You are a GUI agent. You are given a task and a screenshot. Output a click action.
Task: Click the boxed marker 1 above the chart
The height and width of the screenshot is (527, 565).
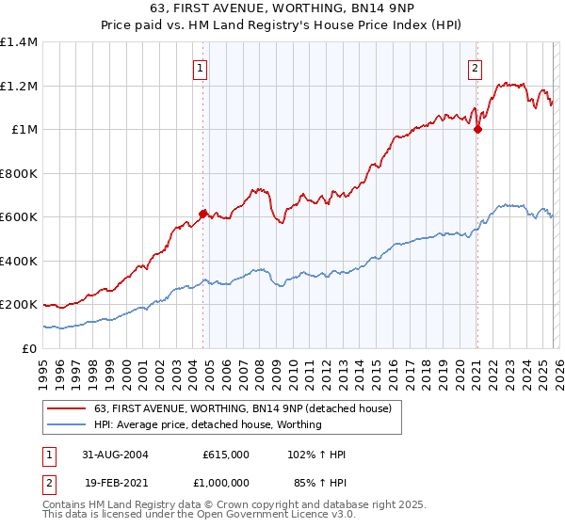pyautogui.click(x=202, y=68)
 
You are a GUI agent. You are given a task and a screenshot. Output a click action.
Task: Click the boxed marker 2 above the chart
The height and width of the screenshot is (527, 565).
pyautogui.click(x=476, y=68)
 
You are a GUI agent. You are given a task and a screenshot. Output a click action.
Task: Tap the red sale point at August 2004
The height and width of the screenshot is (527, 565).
pyautogui.click(x=202, y=214)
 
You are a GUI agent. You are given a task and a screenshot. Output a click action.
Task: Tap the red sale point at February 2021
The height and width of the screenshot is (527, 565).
pyautogui.click(x=477, y=130)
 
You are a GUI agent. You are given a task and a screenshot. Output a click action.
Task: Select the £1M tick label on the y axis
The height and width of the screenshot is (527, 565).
pyautogui.click(x=24, y=130)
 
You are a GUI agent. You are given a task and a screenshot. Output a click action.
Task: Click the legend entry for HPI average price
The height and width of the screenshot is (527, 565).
pyautogui.click(x=208, y=424)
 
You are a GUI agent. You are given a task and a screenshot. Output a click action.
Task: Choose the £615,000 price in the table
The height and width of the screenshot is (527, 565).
pyautogui.click(x=226, y=455)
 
